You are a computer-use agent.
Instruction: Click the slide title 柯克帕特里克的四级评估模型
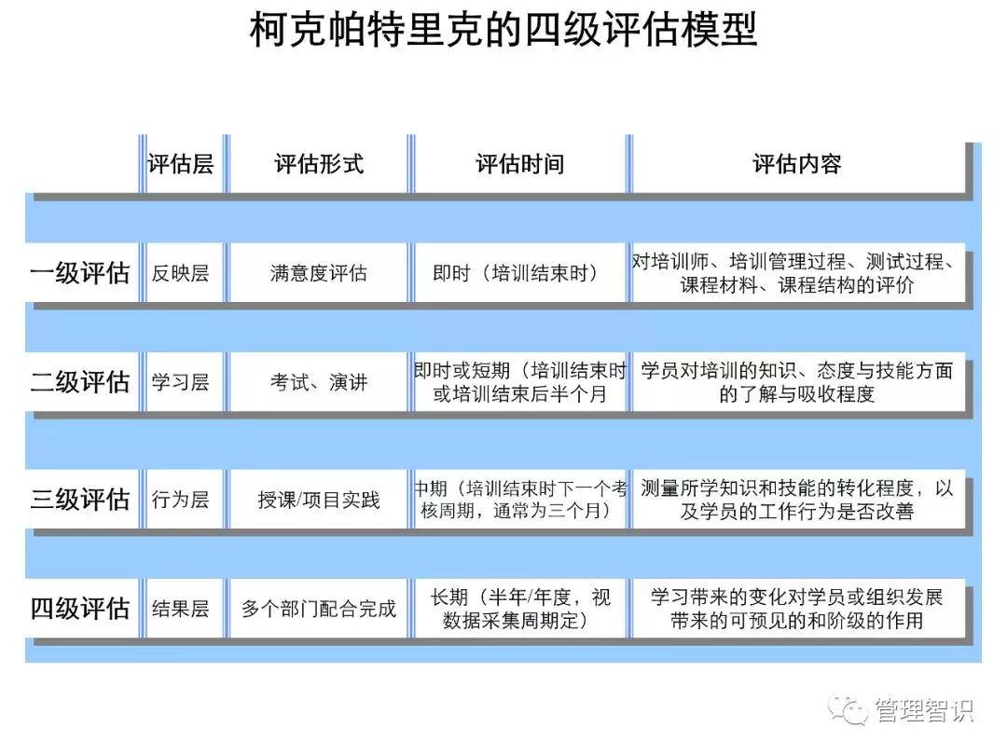click(504, 29)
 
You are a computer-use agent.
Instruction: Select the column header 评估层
click(180, 165)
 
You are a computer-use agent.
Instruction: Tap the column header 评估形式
click(319, 165)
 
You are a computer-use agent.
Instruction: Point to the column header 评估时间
click(519, 165)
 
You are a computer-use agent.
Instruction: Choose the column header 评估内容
click(797, 165)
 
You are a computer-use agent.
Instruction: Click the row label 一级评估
click(80, 273)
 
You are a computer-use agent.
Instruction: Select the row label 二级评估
click(80, 382)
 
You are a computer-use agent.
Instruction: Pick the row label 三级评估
click(80, 499)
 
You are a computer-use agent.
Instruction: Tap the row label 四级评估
click(80, 609)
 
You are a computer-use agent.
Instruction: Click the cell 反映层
click(180, 273)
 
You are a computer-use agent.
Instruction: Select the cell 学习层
click(180, 382)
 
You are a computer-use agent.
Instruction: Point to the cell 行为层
click(180, 499)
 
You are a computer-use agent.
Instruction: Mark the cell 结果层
click(180, 609)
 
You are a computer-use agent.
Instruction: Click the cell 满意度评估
click(319, 273)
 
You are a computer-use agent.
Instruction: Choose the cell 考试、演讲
click(319, 382)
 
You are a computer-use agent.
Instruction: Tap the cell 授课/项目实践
click(319, 499)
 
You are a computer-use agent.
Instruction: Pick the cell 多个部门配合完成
click(319, 609)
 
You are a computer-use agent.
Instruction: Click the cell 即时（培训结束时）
click(516, 273)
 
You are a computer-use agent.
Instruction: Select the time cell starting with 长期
click(519, 609)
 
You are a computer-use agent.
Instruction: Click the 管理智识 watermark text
click(923, 711)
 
